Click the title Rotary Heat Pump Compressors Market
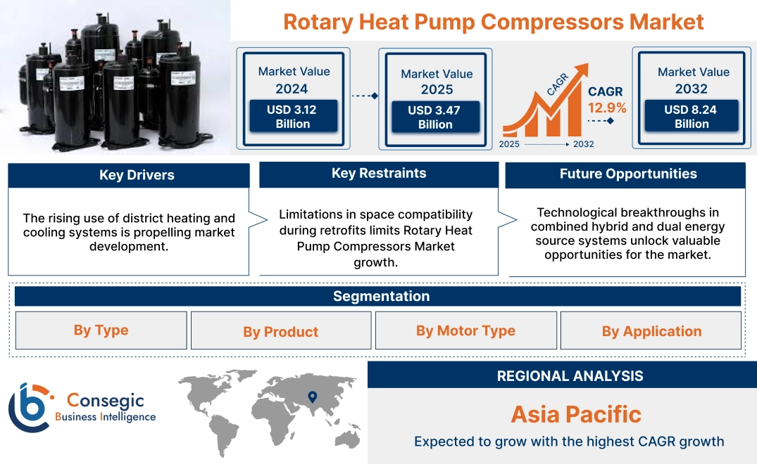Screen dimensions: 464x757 493,22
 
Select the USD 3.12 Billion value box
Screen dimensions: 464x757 292,117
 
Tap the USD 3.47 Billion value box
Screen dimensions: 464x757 434,117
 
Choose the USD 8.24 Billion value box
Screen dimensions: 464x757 692,117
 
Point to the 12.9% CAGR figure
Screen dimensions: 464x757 607,108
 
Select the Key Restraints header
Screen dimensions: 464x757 379,174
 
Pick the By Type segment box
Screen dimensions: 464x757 101,330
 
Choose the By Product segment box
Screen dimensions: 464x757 280,331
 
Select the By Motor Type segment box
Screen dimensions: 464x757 465,330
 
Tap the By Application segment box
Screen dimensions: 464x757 651,331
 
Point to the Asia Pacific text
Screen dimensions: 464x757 576,414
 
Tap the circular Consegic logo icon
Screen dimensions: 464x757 30,408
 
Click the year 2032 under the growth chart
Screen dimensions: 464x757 583,144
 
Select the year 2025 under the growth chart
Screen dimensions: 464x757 510,144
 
